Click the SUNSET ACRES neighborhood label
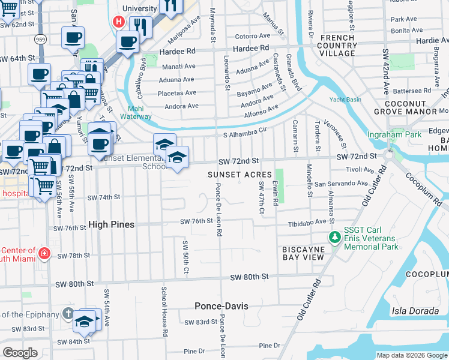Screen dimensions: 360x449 click(x=240, y=174)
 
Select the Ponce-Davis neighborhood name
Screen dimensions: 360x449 click(x=221, y=306)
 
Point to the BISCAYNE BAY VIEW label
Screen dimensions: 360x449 click(x=304, y=253)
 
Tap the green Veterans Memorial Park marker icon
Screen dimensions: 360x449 click(x=335, y=238)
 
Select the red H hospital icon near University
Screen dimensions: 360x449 click(x=119, y=23)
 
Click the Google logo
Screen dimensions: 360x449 click(x=20, y=352)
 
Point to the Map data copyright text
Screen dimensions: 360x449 click(x=411, y=355)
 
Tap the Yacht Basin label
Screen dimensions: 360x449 click(x=342, y=100)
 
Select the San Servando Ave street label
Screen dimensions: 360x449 click(x=340, y=183)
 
